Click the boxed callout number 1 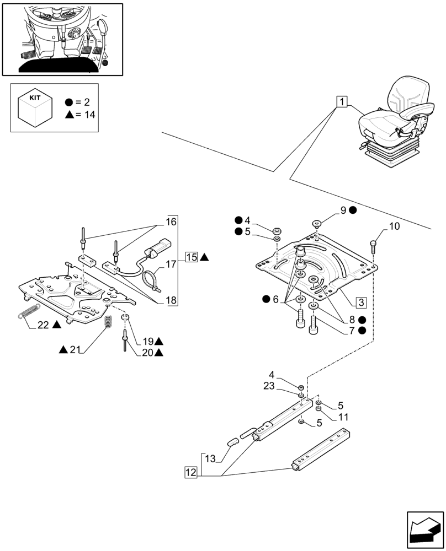click(x=342, y=102)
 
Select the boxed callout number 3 click(x=360, y=302)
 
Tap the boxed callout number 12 click(x=191, y=472)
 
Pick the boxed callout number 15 click(x=192, y=257)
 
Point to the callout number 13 click(x=210, y=458)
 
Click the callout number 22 click(x=44, y=325)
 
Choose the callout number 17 click(x=171, y=264)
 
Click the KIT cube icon click(x=35, y=107)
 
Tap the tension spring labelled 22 click(x=29, y=310)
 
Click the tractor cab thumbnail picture click(x=62, y=39)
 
